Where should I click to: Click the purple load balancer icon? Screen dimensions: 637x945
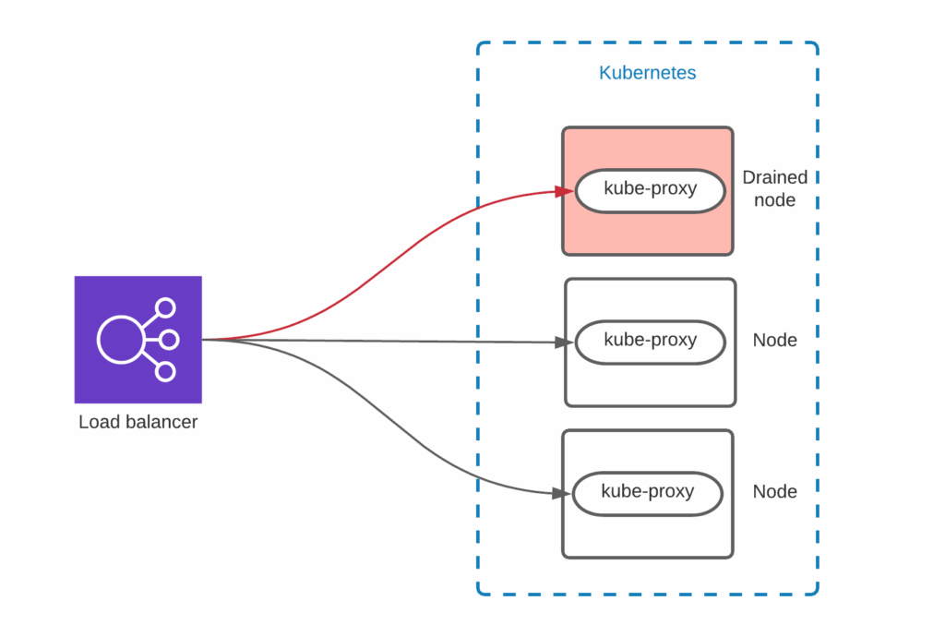138,339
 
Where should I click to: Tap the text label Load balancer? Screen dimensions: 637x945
138,423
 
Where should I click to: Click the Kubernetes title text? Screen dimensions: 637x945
647,73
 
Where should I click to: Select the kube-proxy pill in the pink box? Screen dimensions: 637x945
650,190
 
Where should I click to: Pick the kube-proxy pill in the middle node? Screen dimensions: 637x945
650,341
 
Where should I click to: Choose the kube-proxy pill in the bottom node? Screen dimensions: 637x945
647,492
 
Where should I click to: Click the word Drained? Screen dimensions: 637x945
774,177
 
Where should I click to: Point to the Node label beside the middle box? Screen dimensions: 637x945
774,341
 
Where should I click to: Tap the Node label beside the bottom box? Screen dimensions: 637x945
774,492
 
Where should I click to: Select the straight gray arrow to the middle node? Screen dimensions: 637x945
388,341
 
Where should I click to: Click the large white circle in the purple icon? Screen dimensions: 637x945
121,340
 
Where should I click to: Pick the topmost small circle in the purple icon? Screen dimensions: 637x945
165,308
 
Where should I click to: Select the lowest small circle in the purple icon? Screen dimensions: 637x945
165,371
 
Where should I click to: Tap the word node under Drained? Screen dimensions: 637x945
774,199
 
